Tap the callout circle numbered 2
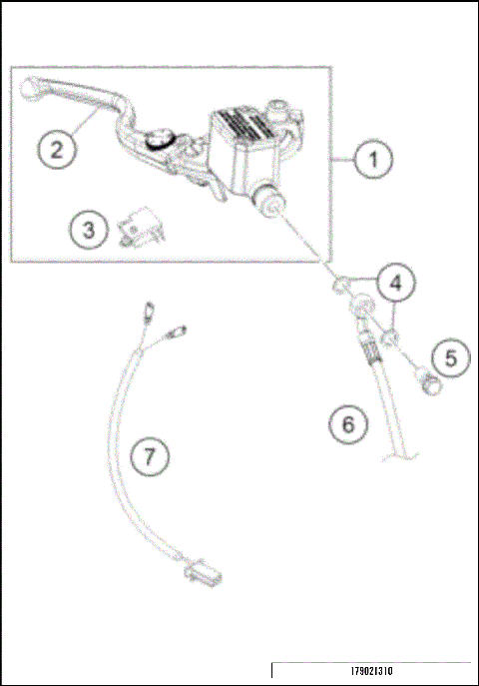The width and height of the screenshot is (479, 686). pos(58,150)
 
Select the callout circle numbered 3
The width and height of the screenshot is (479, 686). pos(90,230)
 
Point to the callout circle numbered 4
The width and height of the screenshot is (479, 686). pos(396,284)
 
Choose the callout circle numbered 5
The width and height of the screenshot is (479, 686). pos(450,356)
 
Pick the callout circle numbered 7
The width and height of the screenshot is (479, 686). pos(150,457)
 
